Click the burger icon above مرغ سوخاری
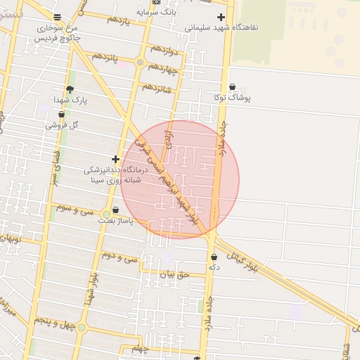(57, 17)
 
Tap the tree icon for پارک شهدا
(69, 89)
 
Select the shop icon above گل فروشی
(61, 114)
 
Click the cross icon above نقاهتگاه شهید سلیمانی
(221, 16)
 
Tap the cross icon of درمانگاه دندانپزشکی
(115, 159)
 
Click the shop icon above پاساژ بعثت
(115, 210)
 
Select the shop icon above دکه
(214, 257)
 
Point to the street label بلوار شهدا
(92, 288)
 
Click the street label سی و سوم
(75, 208)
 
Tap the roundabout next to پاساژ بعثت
(106, 214)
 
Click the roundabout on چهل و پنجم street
(82, 327)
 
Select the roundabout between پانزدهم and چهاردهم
(140, 63)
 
